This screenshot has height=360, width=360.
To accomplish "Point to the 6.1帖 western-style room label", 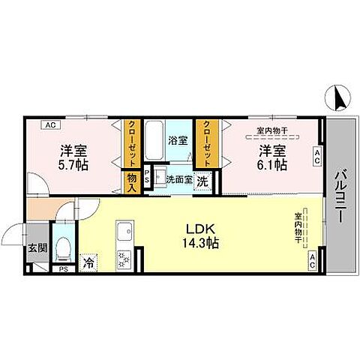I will pos(271,156).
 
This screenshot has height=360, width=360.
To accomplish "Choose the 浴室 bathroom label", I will pos(178,139).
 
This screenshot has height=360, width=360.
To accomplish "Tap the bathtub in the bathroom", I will pos(153,139).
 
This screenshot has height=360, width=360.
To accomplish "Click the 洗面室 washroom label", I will pos(179,179).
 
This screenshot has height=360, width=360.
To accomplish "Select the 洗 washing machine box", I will pos(203,180).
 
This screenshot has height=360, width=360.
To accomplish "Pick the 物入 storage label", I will pos(133,181).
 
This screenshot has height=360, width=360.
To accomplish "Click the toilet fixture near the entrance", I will pos(64,245).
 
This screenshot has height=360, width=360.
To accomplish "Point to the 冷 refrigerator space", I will pos(89,263).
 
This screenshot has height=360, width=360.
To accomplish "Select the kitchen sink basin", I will pos(124,229).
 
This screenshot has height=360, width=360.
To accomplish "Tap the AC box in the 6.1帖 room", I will pos(317,156).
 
